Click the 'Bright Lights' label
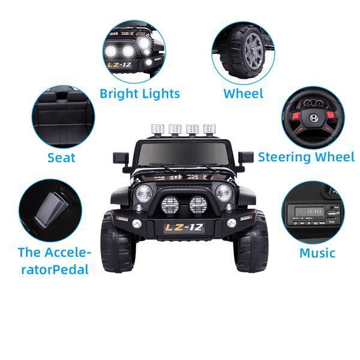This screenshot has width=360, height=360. tap(140, 94)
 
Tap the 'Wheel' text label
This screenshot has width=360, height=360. tap(243, 94)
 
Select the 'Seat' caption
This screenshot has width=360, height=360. tap(61, 158)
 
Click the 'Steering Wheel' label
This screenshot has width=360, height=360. tap(306, 157)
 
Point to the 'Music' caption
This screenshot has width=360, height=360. tap(317, 253)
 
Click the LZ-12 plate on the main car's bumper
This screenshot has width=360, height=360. tap(184, 227)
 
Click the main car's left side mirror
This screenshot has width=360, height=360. tap(120, 158)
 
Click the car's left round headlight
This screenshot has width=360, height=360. tap(143, 193)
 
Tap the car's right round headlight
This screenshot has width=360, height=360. tap(224, 193)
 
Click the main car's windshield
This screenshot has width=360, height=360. tap(184, 155)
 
